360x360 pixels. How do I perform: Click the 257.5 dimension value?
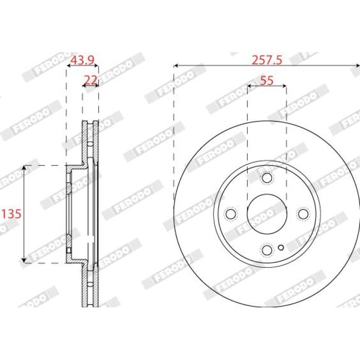(267, 60)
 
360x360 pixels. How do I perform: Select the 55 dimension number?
(267, 81)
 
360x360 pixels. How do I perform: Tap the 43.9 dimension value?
(82, 60)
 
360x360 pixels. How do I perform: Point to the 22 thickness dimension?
(91, 80)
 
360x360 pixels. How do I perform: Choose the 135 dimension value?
(11, 214)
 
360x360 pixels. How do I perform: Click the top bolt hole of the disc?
(267, 178)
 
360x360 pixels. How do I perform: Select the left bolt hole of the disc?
(231, 214)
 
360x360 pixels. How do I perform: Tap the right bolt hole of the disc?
(303, 214)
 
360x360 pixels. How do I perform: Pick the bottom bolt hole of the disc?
(267, 250)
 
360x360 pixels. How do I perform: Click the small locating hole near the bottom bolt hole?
(281, 247)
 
